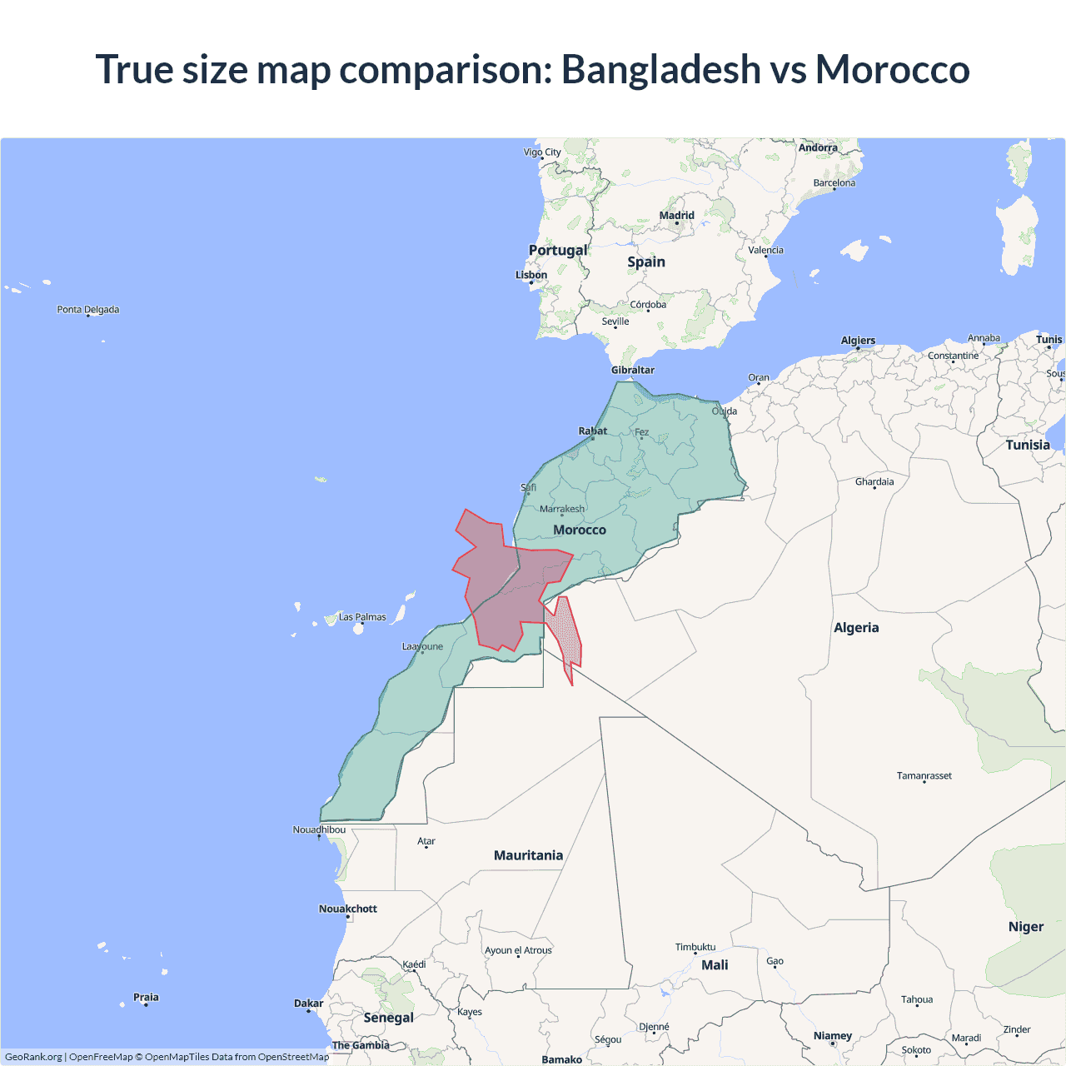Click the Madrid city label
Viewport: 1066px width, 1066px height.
676,216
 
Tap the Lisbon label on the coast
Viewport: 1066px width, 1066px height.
531,275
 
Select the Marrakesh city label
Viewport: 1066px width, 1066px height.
562,509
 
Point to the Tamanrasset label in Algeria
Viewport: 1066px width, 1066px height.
924,775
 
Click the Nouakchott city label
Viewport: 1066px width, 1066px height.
348,909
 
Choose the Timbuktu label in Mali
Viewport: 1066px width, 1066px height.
695,947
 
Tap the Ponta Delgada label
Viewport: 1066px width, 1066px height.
88,310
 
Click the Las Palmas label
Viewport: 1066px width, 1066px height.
362,617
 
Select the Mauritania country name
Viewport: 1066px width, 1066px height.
528,855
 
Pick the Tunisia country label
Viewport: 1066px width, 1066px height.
1028,445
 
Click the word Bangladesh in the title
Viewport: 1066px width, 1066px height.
660,69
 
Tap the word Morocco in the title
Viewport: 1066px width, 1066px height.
892,69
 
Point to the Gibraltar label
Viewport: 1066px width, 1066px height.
633,370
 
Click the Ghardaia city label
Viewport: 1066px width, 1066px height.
874,481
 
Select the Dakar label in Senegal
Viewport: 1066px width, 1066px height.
309,1004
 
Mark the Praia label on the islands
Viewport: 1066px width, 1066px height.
146,997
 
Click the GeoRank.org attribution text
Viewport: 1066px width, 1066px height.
33,1057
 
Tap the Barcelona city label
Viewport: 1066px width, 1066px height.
834,183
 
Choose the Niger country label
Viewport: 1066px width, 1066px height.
1025,927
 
